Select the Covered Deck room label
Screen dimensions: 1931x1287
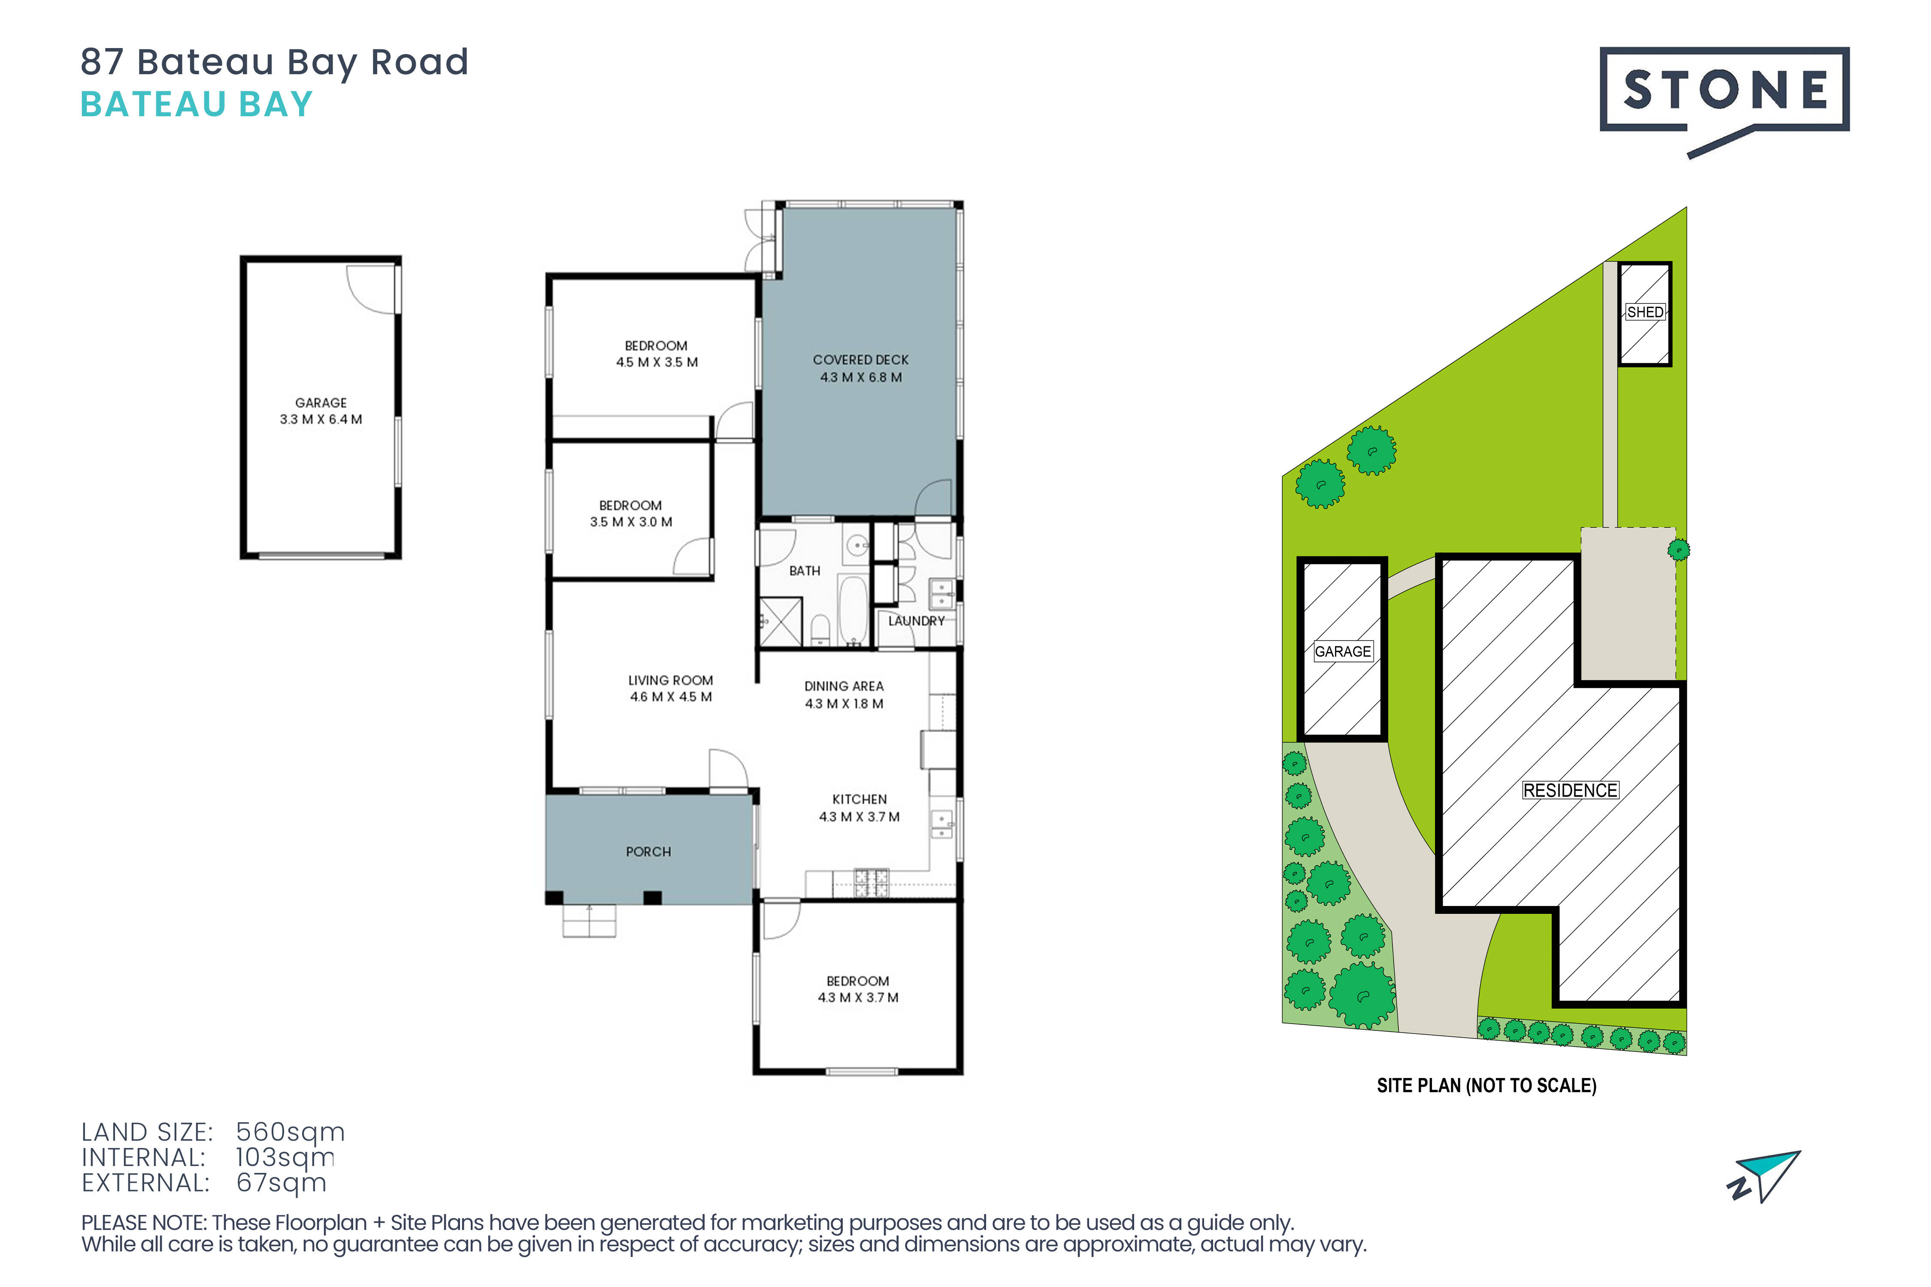coord(860,360)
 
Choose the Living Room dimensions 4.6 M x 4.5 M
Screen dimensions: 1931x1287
coord(671,697)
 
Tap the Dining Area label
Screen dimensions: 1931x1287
coord(844,686)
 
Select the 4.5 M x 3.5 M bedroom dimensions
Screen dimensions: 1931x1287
coord(657,362)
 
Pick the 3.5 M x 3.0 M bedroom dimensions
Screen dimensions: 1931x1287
coord(630,522)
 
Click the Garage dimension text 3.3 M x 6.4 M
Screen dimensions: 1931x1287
coord(321,420)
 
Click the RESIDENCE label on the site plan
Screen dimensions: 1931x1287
coord(1571,790)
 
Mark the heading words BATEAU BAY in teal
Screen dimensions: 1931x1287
coord(197,104)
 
